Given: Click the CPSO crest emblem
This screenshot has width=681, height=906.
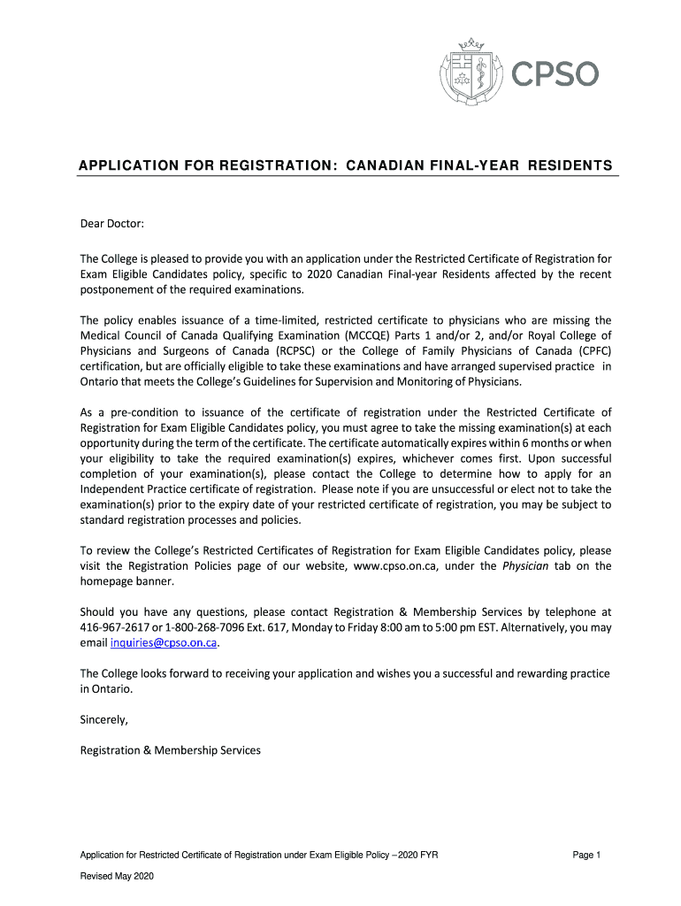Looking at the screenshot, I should [x=468, y=74].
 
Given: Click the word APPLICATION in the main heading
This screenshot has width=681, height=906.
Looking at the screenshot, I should [x=120, y=166].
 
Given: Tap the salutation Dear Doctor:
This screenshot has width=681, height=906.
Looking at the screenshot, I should [x=111, y=224].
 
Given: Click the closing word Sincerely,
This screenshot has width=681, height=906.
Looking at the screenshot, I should [x=104, y=719].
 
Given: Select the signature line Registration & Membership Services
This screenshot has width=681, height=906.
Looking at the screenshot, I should [x=171, y=750].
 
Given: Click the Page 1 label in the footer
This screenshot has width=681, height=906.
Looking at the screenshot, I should [x=586, y=855].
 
